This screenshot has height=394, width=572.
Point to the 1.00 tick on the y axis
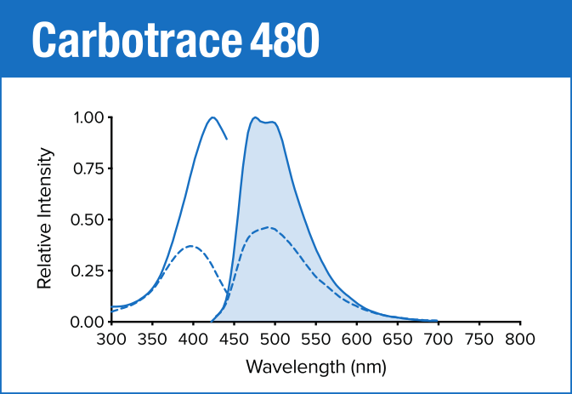click(x=88, y=117)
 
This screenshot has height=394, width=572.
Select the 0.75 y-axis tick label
click(x=88, y=168)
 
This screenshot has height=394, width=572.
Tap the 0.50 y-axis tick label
click(x=88, y=220)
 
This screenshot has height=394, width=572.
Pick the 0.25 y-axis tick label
click(x=88, y=271)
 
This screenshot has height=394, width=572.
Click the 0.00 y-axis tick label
click(x=88, y=322)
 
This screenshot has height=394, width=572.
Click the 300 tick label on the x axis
click(x=111, y=340)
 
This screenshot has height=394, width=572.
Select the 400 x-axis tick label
click(x=193, y=340)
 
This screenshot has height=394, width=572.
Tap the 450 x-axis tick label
click(x=234, y=340)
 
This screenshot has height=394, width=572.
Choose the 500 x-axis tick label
click(x=275, y=340)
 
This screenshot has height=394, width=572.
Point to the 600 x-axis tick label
click(x=356, y=340)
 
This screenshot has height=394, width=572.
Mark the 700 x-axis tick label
click(x=438, y=340)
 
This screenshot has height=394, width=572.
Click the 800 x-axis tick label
click(x=519, y=340)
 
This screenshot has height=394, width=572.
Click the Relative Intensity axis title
click(x=46, y=219)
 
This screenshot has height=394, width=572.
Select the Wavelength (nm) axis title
click(x=315, y=368)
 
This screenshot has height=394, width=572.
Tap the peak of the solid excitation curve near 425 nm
click(x=212, y=117)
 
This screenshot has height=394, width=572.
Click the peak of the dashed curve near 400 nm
click(x=192, y=246)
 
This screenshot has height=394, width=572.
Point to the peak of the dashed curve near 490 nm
click(x=269, y=227)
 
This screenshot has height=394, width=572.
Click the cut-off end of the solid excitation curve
click(x=226, y=138)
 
